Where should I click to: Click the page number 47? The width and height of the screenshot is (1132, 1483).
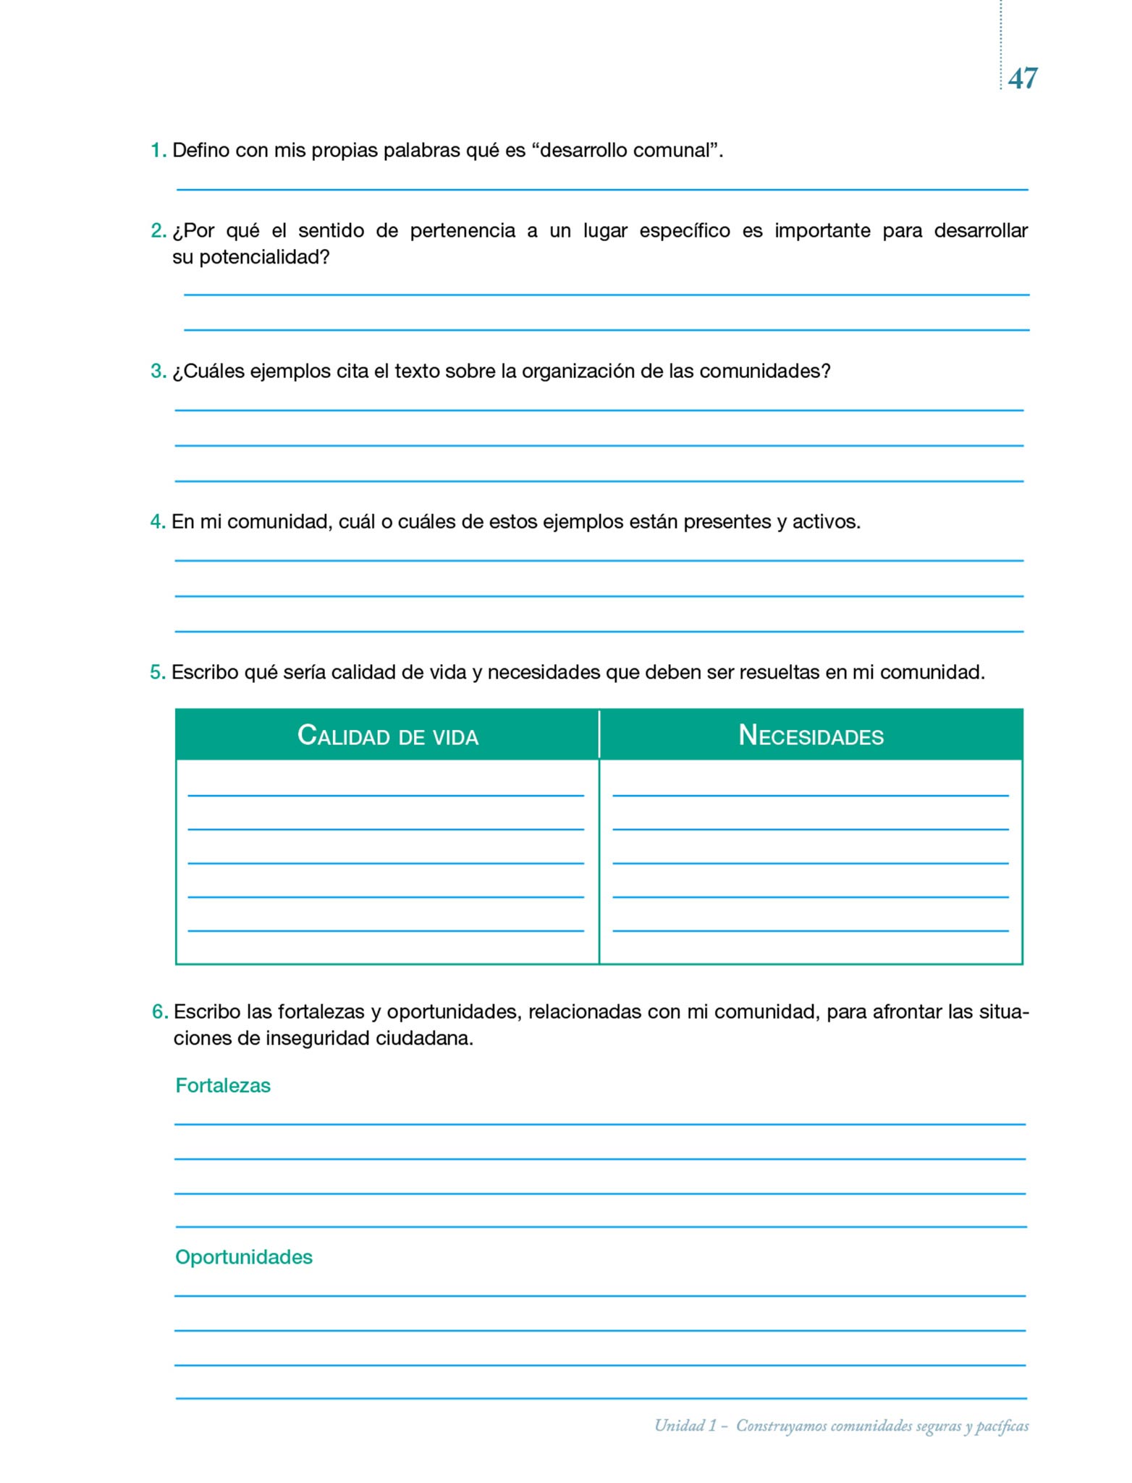(x=1022, y=78)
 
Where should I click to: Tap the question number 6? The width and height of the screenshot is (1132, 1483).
(x=159, y=1012)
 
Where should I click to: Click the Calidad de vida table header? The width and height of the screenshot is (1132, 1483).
(x=388, y=736)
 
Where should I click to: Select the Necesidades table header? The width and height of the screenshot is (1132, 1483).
(x=811, y=736)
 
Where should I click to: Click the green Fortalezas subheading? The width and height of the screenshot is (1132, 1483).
(x=223, y=1085)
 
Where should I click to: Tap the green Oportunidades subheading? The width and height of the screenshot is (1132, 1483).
(x=244, y=1257)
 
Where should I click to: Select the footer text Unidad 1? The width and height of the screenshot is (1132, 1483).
(x=685, y=1426)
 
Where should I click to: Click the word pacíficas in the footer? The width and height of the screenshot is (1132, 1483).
(x=1002, y=1426)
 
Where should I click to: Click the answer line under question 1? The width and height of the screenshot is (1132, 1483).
(x=602, y=189)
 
